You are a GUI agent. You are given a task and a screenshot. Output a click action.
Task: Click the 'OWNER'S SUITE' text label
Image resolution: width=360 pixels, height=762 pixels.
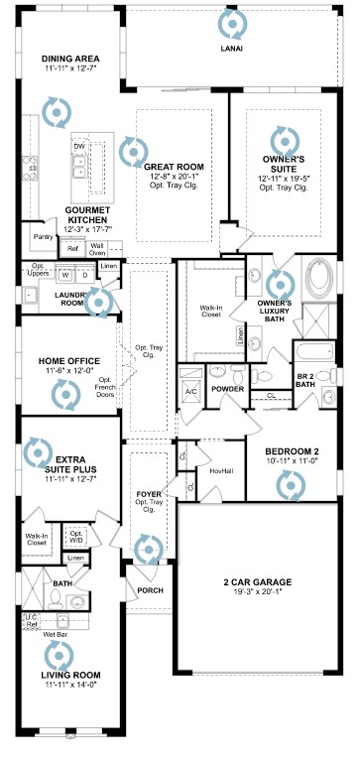[x=284, y=158]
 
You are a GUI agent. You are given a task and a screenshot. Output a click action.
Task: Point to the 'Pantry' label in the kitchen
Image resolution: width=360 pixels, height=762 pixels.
[x=43, y=237]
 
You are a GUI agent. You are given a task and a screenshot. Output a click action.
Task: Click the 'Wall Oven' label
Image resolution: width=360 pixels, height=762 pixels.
[x=98, y=248]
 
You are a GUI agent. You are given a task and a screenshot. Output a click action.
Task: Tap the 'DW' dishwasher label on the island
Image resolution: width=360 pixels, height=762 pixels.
[x=78, y=147]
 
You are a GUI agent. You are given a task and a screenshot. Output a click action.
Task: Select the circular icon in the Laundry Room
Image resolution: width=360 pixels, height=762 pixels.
[x=99, y=302]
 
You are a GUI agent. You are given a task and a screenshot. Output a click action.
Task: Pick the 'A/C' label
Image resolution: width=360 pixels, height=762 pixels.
[x=190, y=390]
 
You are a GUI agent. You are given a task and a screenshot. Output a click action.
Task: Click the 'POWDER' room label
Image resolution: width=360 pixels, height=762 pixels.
[x=228, y=388]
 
